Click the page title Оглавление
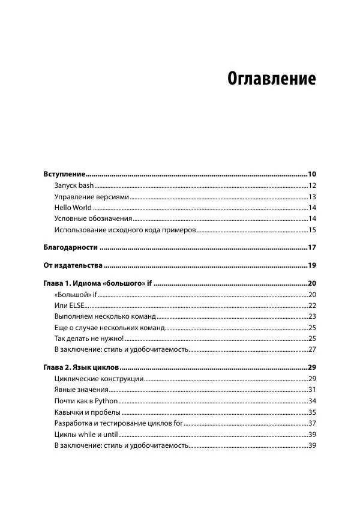[271, 79]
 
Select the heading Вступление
[65, 173]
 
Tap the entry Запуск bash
[74, 185]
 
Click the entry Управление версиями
[91, 197]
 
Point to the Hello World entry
[73, 208]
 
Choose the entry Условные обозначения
[92, 219]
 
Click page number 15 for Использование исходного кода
[311, 230]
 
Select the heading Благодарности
[71, 247]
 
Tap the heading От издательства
[72, 265]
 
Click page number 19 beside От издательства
[311, 265]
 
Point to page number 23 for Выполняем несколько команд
[311, 316]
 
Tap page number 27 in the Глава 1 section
[311, 349]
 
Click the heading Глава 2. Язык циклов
[82, 367]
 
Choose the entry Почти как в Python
[77, 401]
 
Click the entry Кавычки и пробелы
[87, 412]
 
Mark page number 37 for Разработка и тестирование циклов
[311, 423]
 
